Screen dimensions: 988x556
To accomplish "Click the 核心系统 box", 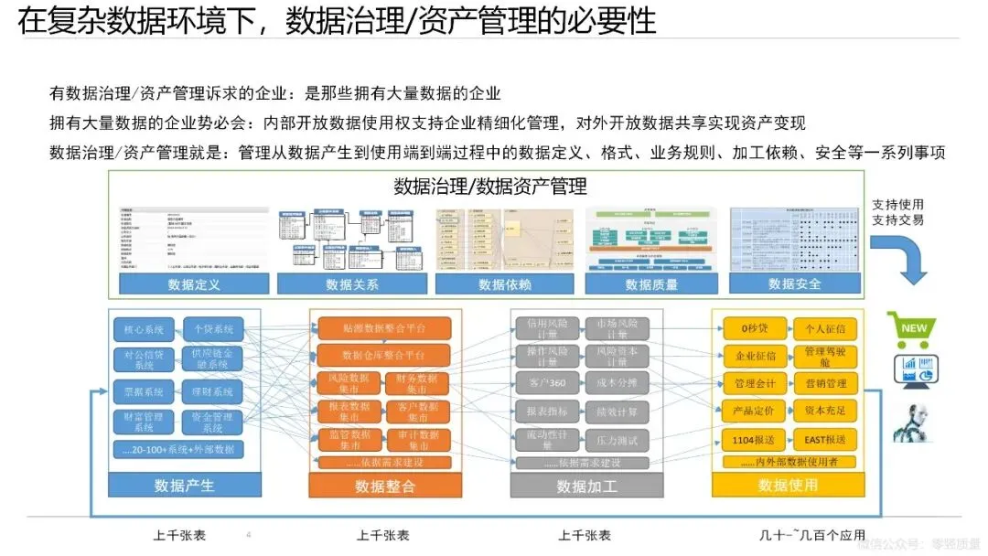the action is (143, 328).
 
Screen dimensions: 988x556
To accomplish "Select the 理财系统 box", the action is (211, 391).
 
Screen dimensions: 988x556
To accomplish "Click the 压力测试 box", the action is (617, 440).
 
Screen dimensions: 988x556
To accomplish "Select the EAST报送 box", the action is (825, 439).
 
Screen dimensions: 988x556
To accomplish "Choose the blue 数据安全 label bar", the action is (795, 284).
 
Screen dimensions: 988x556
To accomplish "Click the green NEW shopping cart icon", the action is (911, 329).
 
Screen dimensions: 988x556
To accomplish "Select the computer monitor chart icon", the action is (911, 369).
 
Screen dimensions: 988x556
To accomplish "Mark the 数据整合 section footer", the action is (384, 486).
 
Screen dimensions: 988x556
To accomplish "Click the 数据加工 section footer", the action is (586, 486).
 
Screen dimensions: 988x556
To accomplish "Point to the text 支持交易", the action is (898, 219).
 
